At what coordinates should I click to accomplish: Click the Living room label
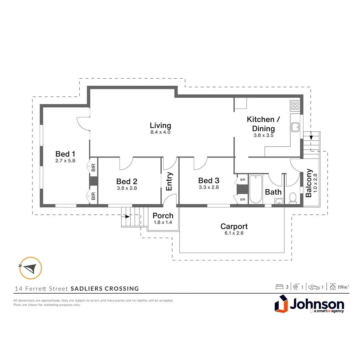[160, 126]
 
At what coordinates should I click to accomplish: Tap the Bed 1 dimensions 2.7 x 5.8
[65, 160]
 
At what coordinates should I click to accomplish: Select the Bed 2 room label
[127, 181]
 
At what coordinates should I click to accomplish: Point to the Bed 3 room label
[209, 180]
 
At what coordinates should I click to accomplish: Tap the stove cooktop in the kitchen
[295, 106]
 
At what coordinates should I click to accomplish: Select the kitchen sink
[295, 127]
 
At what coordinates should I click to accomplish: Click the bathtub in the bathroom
[256, 189]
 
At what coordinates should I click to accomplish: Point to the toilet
[293, 197]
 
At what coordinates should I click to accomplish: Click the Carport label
[234, 227]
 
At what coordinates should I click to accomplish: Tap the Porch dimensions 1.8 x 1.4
[163, 222]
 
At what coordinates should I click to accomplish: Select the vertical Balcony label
[309, 183]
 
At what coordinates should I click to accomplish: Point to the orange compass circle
[31, 268]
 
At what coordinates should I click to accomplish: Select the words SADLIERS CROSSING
[105, 289]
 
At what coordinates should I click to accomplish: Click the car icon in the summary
[314, 287]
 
